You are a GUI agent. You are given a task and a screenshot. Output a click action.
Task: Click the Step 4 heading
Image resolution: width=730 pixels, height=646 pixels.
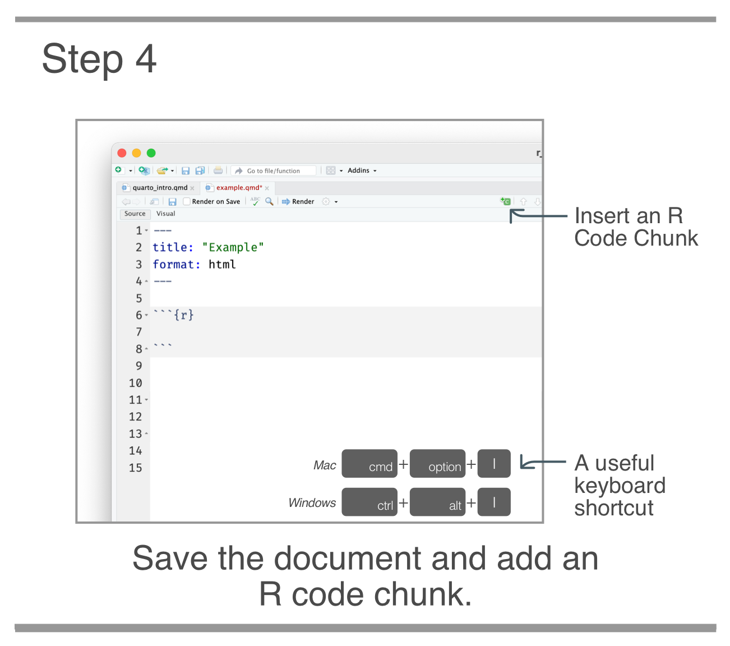(99, 59)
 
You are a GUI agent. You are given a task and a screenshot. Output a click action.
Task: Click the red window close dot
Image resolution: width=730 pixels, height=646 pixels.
(122, 153)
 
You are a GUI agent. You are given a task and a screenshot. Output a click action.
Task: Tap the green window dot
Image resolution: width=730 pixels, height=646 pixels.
(151, 153)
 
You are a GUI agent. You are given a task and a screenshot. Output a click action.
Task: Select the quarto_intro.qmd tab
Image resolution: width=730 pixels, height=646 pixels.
(160, 188)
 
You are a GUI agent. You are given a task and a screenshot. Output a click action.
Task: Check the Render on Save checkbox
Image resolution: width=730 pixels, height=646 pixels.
(187, 202)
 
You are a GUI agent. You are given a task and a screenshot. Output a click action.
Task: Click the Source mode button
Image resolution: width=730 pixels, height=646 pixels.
(135, 214)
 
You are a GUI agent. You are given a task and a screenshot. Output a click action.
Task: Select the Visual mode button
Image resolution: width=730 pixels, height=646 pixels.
(165, 214)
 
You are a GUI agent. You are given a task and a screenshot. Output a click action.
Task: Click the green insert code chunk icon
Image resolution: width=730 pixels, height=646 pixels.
(506, 201)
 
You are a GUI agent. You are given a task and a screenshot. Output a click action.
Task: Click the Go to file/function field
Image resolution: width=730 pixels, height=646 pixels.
(274, 171)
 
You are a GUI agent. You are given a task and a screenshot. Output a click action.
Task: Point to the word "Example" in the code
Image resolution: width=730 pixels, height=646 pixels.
(233, 247)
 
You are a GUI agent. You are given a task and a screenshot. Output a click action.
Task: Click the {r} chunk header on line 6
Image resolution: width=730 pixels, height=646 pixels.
(183, 315)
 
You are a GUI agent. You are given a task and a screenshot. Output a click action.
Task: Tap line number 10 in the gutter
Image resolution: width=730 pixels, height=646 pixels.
(136, 383)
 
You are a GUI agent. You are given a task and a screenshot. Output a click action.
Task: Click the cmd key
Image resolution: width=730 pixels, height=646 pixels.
(369, 464)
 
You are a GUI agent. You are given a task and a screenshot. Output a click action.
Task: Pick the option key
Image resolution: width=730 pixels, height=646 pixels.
(437, 464)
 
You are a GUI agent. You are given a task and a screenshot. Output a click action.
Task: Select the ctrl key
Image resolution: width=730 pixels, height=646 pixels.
(369, 502)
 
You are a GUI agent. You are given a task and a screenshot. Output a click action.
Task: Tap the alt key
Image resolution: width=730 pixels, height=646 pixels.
(437, 502)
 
